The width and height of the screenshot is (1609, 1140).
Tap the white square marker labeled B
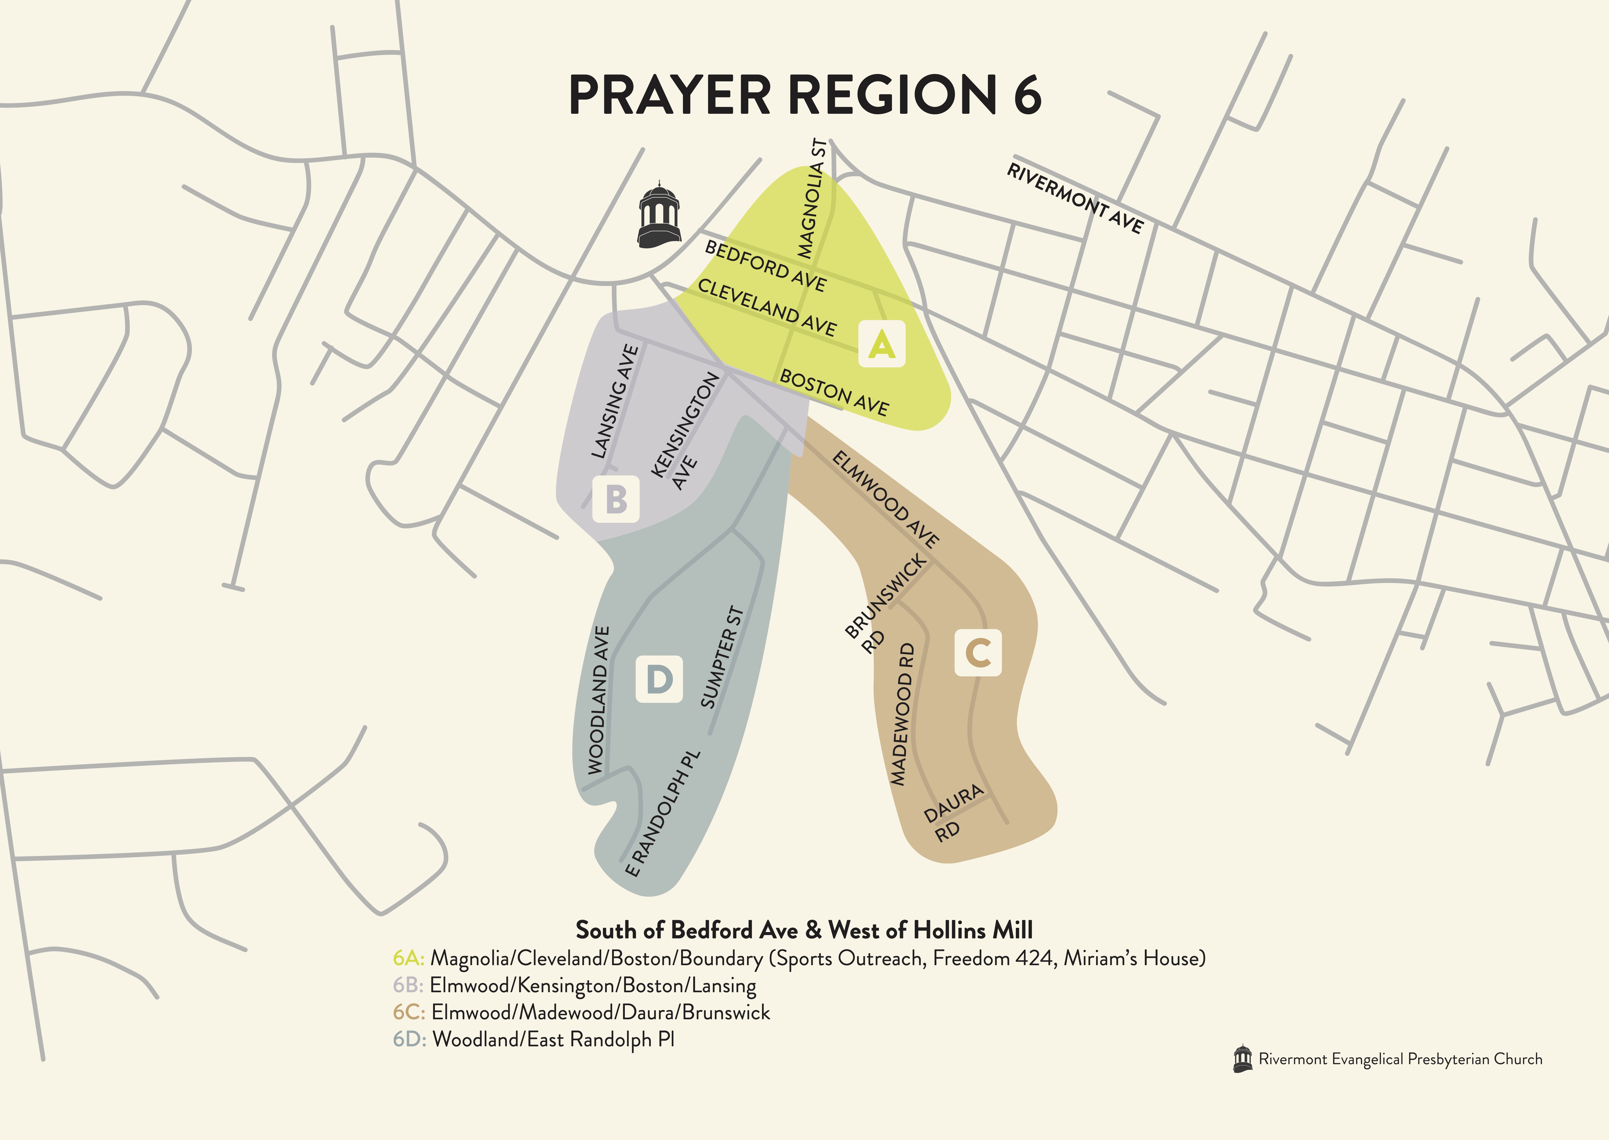(615, 499)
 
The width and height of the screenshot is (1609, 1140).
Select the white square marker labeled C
(978, 653)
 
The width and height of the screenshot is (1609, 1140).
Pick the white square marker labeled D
(659, 679)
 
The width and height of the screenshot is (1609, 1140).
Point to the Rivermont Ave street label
(1075, 198)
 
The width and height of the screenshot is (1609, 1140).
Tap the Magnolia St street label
(812, 199)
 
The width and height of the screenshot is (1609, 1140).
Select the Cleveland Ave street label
(767, 307)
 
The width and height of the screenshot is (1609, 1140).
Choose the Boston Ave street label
(834, 392)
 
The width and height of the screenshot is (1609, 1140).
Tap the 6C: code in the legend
(408, 1012)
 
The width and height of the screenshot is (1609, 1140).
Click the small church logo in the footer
(1242, 1059)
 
